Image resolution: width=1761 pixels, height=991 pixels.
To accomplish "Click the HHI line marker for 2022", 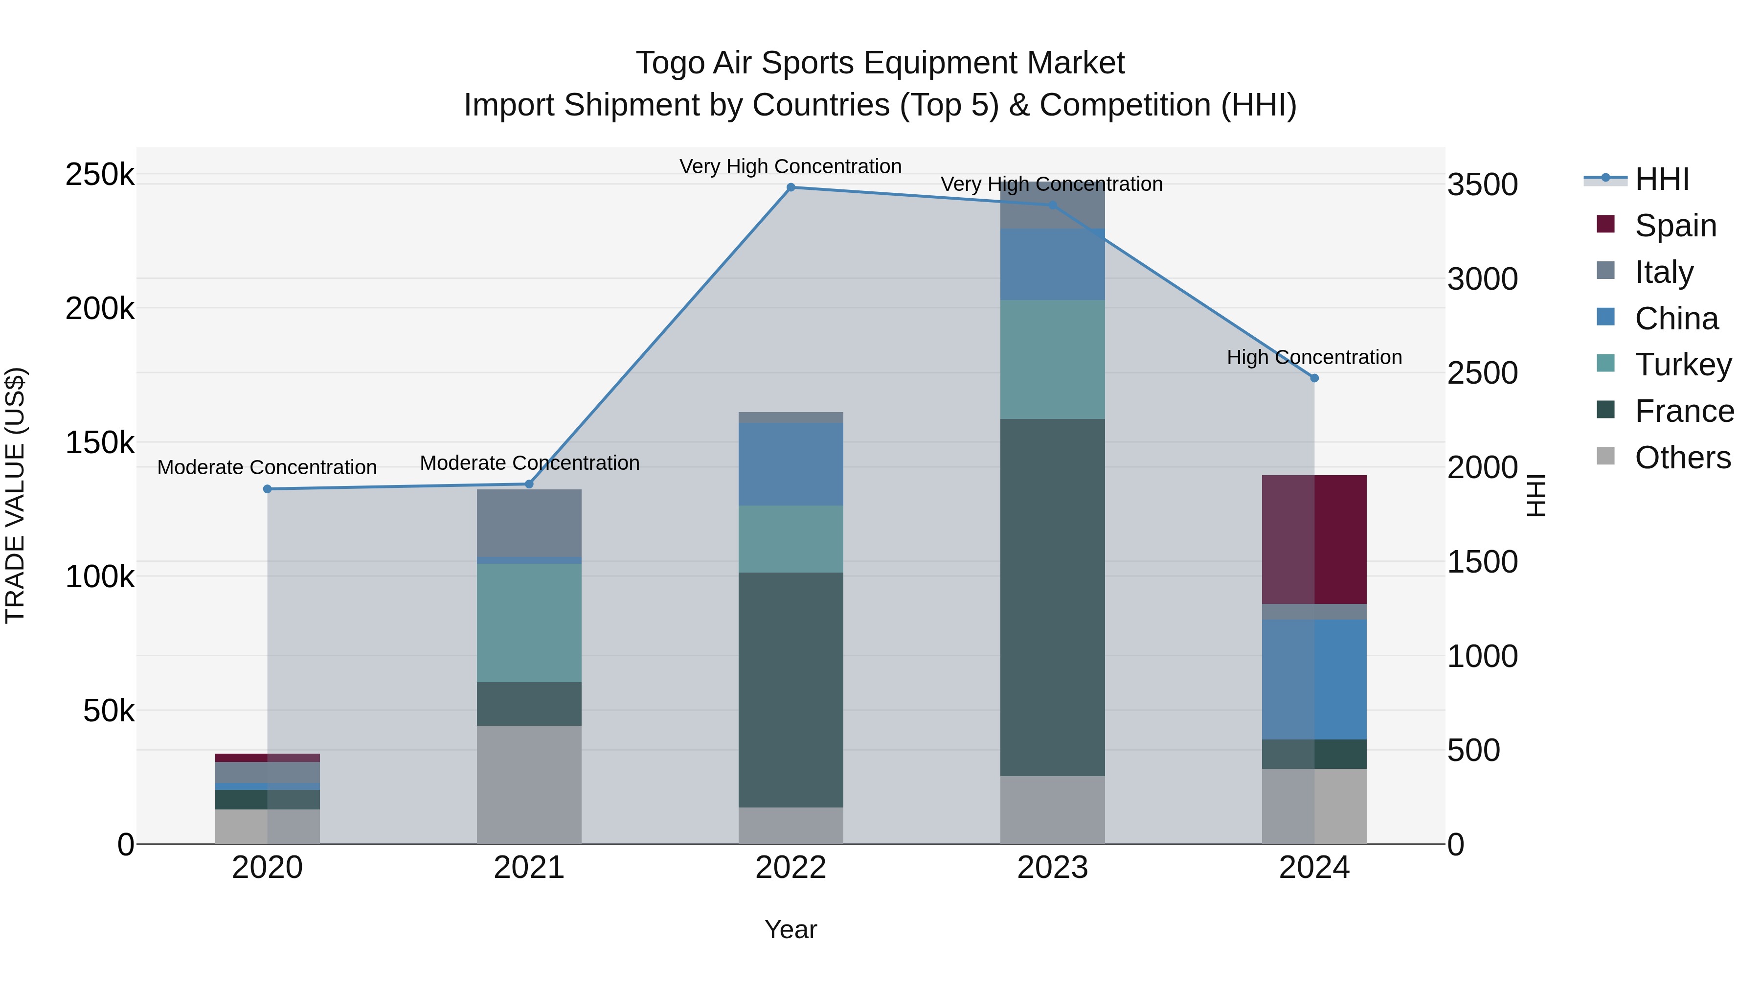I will point(791,187).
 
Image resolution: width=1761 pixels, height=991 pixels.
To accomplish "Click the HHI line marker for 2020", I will point(267,489).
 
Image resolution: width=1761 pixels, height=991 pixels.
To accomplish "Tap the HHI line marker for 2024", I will point(1314,378).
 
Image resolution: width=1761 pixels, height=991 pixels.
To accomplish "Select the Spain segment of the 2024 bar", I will point(1314,540).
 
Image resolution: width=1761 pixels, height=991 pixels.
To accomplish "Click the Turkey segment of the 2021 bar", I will point(529,622).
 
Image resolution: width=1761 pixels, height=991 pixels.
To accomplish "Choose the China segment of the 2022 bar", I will point(791,464).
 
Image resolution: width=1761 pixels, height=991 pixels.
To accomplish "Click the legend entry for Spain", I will point(1675,226).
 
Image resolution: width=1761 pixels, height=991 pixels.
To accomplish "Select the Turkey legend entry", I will point(1682,365).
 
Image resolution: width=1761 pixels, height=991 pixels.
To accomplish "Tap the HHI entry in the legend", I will point(1661,179).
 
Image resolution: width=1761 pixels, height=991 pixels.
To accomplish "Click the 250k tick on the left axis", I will point(100,175).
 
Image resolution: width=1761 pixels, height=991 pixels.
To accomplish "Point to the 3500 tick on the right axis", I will point(1482,184).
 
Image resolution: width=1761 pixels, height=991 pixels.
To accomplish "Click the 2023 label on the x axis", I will point(1052,868).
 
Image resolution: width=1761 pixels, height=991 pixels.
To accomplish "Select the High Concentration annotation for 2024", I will point(1314,357).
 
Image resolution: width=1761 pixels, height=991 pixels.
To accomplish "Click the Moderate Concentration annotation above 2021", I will point(529,463).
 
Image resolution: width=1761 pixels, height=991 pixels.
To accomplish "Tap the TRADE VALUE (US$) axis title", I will point(15,495).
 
